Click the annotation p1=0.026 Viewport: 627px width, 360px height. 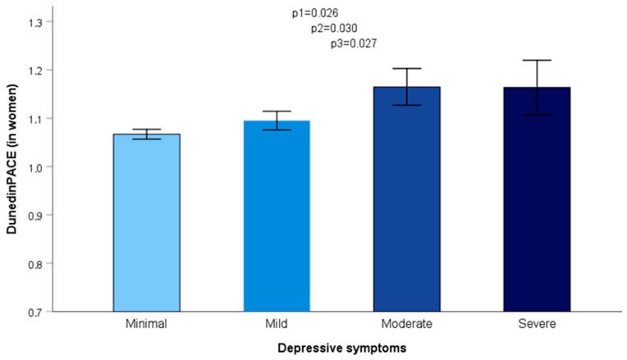click(x=315, y=13)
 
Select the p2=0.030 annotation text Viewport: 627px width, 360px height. click(x=334, y=29)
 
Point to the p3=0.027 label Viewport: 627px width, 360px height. click(x=353, y=44)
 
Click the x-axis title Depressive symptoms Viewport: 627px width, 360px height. click(x=342, y=348)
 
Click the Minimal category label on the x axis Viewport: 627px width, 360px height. click(x=147, y=324)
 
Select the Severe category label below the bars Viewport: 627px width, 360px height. click(x=537, y=324)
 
